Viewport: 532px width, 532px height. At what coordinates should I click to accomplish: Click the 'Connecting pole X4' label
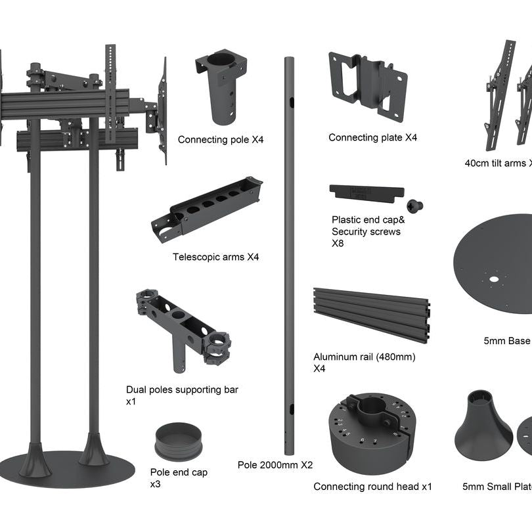coord(221,140)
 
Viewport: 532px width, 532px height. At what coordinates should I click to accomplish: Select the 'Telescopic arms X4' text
coord(215,257)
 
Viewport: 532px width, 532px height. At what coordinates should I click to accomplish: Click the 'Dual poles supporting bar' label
coord(182,389)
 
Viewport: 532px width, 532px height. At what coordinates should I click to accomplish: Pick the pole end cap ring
coord(176,441)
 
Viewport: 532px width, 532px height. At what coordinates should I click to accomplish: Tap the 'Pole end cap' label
coord(179,472)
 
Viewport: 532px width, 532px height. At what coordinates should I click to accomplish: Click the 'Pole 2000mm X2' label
coord(275,465)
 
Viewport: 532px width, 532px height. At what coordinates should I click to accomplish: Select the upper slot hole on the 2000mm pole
coord(290,102)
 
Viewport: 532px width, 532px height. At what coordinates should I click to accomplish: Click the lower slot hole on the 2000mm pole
coord(289,409)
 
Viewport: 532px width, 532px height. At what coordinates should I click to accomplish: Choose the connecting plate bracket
coord(367,85)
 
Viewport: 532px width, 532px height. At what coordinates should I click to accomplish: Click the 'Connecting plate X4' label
coord(372,137)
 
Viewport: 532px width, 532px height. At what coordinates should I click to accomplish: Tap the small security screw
coord(414,206)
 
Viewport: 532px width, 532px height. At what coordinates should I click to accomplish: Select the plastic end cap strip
coord(365,192)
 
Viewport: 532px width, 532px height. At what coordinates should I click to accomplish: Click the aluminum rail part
coord(371,314)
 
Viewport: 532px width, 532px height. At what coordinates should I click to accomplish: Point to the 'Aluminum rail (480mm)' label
coord(364,357)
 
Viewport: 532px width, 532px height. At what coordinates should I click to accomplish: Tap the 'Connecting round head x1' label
coord(372,487)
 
